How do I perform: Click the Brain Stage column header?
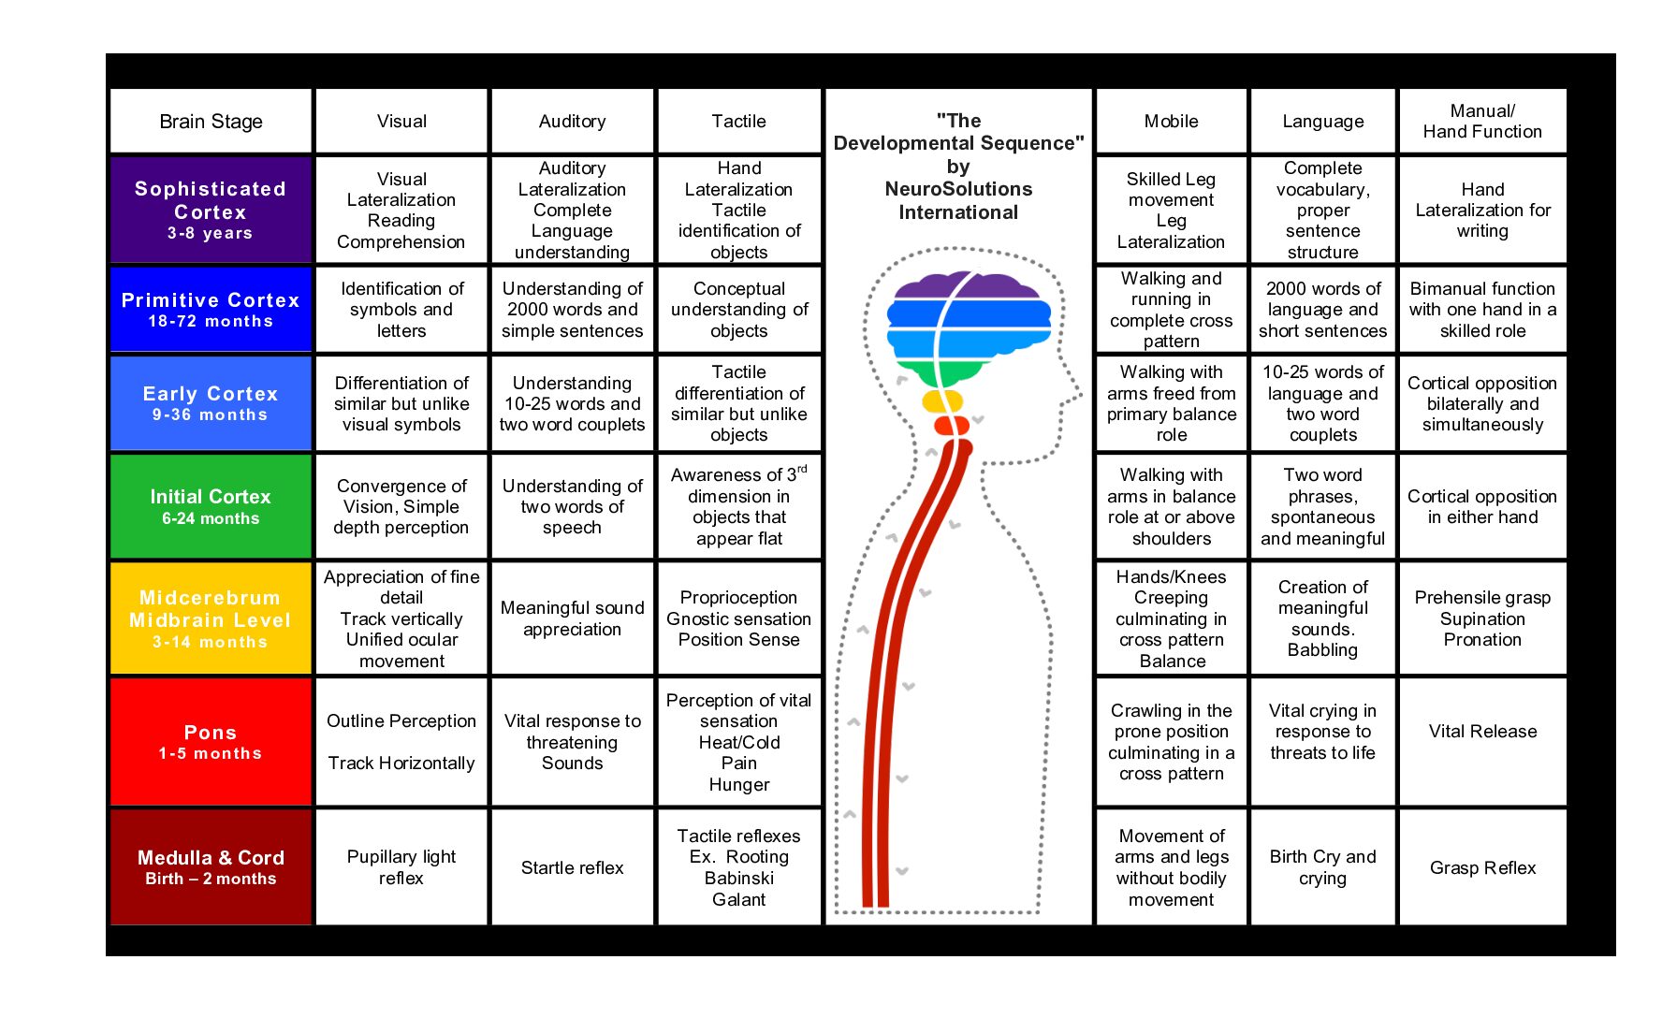point(211,122)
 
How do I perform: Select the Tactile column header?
point(738,122)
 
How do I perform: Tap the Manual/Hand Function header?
point(1482,122)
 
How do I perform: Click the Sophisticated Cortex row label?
point(211,210)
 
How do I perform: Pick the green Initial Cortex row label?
point(211,506)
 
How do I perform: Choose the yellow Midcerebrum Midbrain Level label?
point(211,618)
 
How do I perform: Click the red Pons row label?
point(211,741)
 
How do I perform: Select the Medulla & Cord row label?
point(211,866)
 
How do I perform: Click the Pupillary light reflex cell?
point(401,866)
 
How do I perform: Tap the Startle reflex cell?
point(572,867)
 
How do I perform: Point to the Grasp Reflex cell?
point(1482,867)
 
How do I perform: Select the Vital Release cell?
point(1482,732)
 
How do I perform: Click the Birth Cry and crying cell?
point(1322,866)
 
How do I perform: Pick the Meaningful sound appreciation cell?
point(572,618)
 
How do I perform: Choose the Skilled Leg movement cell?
point(1171,210)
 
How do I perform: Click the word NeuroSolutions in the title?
point(958,189)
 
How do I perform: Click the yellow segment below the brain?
point(941,401)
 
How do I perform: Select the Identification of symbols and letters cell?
point(401,310)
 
